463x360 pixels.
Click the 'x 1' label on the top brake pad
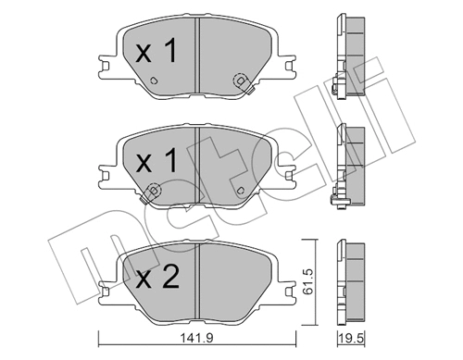coord(155,53)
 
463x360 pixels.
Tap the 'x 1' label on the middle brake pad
coord(156,163)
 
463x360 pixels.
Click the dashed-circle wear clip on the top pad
coord(241,81)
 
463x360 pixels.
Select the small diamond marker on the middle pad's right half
coord(242,192)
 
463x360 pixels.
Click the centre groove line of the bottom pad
coord(196,278)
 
